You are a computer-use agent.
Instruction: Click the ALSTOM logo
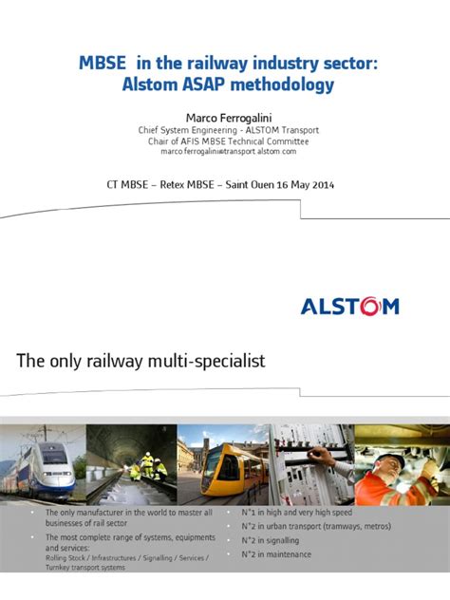click(349, 306)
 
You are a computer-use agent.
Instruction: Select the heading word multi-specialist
click(199, 361)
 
